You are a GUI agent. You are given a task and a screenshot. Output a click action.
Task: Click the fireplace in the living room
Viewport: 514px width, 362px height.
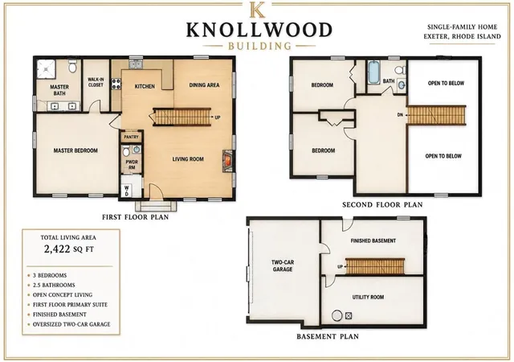click(x=228, y=161)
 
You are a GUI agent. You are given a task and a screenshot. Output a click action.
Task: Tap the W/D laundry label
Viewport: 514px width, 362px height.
click(x=127, y=191)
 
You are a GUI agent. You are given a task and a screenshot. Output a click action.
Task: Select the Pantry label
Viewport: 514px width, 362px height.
click(x=131, y=137)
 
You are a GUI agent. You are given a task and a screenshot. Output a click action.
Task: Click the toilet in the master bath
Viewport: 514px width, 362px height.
click(x=72, y=66)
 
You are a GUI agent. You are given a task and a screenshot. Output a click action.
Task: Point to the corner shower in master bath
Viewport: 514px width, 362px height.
click(x=46, y=68)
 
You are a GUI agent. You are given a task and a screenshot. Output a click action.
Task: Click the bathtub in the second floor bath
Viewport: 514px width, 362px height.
click(x=374, y=72)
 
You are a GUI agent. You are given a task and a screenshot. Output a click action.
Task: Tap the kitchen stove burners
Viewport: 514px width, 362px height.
click(x=116, y=84)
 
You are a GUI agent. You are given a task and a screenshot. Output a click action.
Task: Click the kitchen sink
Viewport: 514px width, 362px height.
click(x=136, y=64)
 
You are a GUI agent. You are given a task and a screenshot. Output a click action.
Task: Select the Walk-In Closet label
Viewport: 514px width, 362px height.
click(x=96, y=82)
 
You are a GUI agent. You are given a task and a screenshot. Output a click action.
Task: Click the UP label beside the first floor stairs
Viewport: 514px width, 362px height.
click(x=218, y=117)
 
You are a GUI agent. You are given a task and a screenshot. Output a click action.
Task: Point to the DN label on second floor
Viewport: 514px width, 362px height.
click(x=400, y=115)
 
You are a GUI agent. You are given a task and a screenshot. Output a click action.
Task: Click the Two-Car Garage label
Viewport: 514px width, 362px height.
click(x=283, y=265)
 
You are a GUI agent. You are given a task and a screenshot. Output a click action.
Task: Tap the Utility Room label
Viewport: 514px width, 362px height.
click(x=368, y=297)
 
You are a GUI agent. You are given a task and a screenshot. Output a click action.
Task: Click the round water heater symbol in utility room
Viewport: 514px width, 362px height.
click(x=337, y=315)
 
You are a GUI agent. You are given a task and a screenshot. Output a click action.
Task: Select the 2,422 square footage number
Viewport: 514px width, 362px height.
click(x=57, y=249)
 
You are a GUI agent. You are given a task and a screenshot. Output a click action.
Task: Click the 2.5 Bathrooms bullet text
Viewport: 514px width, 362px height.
click(x=54, y=285)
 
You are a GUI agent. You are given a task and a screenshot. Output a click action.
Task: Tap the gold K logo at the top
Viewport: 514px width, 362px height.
click(x=257, y=10)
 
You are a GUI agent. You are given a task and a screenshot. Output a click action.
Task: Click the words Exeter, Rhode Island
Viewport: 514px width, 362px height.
click(x=463, y=36)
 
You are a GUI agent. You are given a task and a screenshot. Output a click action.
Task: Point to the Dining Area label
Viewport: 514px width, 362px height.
click(x=204, y=85)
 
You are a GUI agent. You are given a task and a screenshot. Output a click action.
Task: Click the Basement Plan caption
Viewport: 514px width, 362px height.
click(x=328, y=337)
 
